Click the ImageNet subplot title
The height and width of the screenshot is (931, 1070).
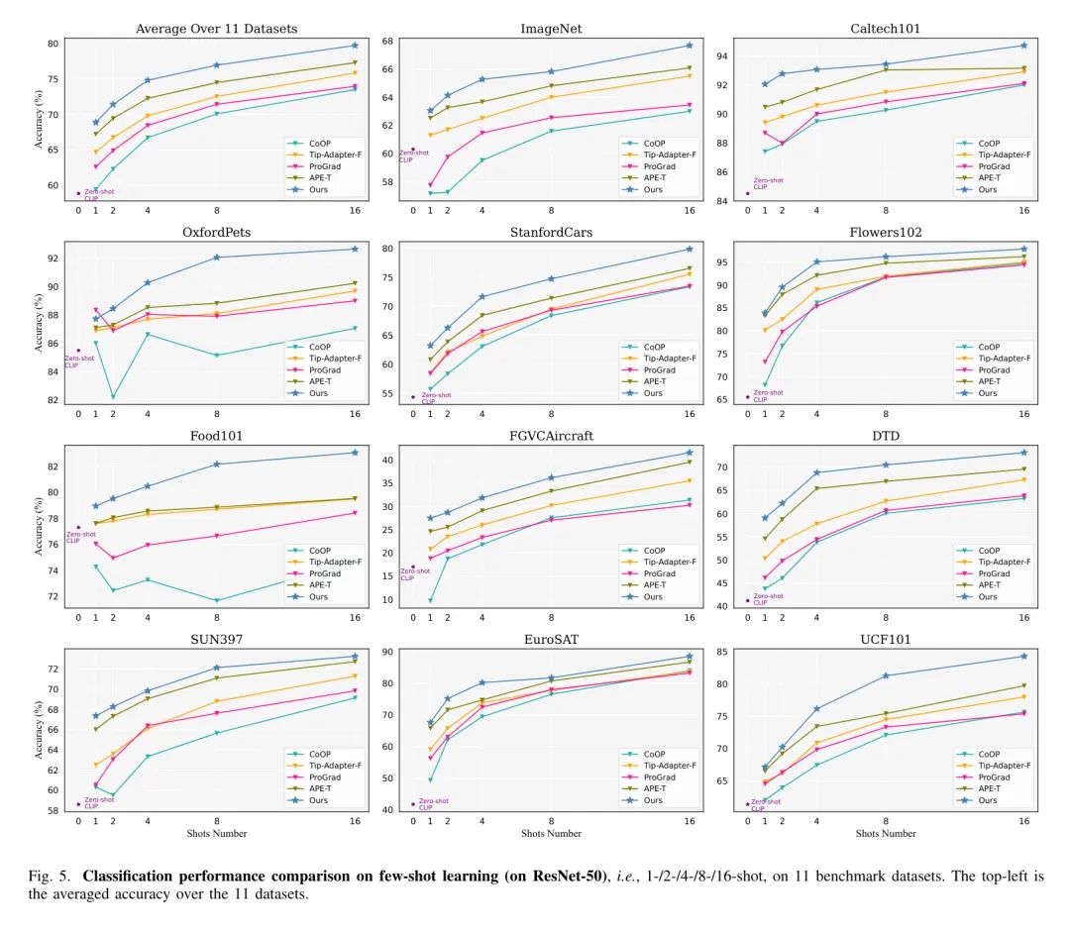551,29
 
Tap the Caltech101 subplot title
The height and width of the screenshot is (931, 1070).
886,29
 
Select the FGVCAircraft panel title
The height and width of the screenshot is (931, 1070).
551,436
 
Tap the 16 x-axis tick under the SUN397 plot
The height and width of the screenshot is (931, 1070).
355,821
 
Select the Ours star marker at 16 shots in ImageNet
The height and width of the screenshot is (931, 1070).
690,46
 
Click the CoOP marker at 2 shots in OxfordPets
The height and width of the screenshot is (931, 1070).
113,397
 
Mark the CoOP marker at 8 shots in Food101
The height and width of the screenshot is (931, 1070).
217,600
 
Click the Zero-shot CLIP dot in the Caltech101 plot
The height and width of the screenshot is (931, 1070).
748,193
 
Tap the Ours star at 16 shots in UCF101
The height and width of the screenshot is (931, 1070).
1024,656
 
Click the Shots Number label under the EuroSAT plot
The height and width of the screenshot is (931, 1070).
551,834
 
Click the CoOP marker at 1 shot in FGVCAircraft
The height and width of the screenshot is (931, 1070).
430,600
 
